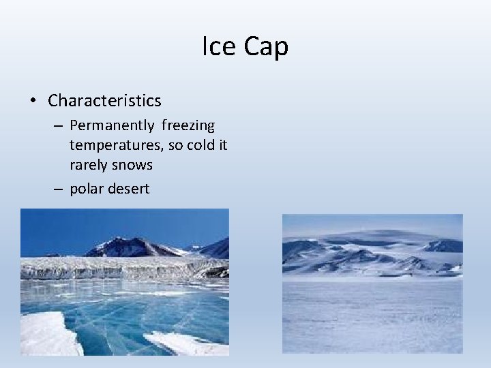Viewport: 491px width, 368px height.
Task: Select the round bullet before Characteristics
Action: [x=33, y=101]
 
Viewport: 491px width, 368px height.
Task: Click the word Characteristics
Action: [x=104, y=101]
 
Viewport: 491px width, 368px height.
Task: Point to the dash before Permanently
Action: [x=59, y=126]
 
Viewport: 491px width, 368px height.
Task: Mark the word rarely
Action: [x=90, y=165]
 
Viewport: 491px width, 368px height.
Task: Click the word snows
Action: [x=134, y=165]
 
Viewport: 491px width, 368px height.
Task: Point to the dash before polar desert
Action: [x=59, y=189]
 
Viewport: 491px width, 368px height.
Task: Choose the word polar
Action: [x=87, y=189]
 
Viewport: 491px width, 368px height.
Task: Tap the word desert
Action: [x=128, y=189]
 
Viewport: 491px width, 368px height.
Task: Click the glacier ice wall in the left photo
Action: [x=109, y=267]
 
